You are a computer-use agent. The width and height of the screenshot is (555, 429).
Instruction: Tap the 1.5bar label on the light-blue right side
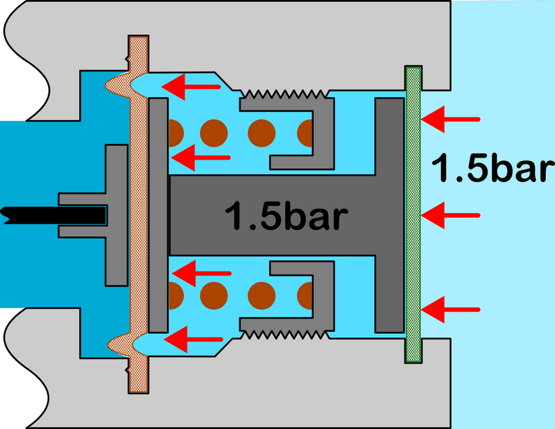[493, 168]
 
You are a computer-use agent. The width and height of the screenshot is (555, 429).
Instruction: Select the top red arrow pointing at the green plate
[450, 119]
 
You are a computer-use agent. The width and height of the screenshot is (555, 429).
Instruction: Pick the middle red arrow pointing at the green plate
[450, 215]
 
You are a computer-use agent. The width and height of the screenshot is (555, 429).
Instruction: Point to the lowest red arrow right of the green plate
[450, 310]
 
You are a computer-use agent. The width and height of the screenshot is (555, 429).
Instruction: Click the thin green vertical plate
[413, 214]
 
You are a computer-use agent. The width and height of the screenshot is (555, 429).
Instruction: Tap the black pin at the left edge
[53, 215]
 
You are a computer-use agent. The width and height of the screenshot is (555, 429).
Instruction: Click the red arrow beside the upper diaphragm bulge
[191, 87]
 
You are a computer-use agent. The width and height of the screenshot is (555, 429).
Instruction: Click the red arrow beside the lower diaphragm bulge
[194, 339]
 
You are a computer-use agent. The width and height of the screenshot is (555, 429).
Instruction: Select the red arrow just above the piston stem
[200, 158]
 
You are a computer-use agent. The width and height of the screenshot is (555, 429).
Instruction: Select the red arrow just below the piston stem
[201, 273]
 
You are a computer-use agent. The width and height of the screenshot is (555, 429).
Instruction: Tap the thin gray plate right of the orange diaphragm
[158, 215]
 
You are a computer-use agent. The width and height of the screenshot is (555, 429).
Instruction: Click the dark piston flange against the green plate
[390, 215]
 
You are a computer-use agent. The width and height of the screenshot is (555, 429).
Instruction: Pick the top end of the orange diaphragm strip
[138, 37]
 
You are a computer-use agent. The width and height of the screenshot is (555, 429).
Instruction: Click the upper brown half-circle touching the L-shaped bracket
[305, 133]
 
